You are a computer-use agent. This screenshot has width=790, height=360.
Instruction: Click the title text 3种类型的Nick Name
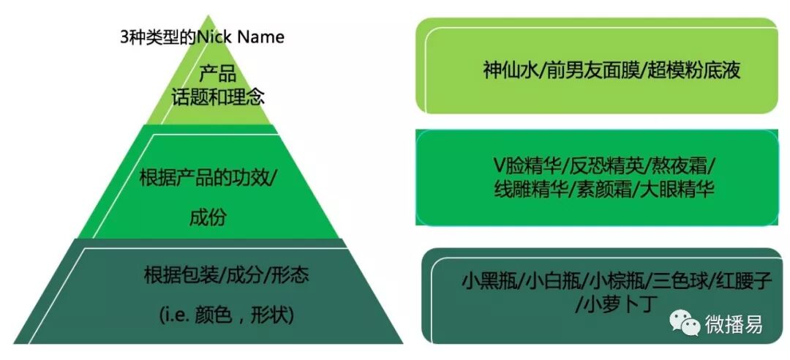coord(202,37)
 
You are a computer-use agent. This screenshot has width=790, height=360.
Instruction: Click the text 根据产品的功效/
coord(209,178)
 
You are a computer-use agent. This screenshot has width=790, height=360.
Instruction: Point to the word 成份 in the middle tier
coord(208,217)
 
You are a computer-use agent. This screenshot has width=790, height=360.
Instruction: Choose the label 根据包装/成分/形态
coord(227,275)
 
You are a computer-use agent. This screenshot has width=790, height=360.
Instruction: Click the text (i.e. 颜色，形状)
coord(226,315)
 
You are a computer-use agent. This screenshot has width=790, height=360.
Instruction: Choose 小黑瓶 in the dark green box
coord(487,281)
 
